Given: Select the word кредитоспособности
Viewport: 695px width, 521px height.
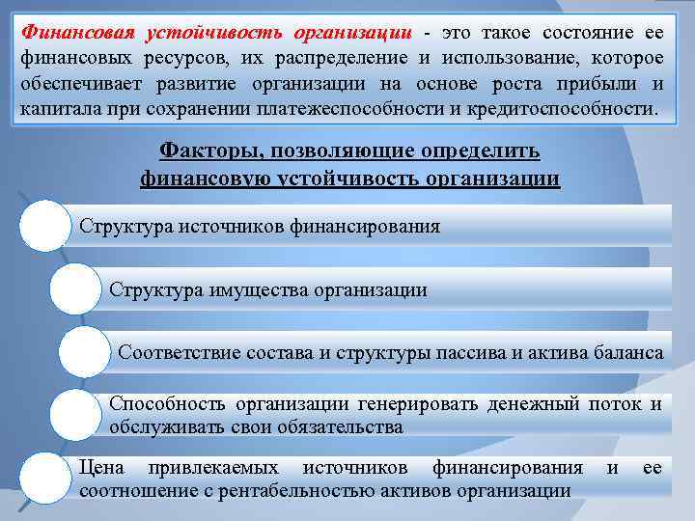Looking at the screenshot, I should [x=571, y=108].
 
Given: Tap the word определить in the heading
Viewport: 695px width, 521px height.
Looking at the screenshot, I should [x=483, y=152].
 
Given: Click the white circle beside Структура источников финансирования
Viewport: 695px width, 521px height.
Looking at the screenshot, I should [x=44, y=228].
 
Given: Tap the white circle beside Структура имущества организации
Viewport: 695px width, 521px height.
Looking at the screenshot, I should [x=73, y=289].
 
